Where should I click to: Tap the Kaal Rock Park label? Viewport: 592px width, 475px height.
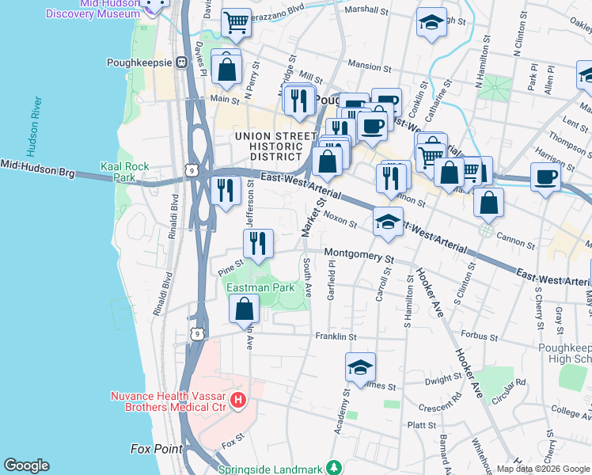coord(125,173)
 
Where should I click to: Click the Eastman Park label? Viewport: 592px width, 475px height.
coord(260,288)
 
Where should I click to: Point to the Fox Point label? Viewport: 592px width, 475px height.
coord(156,449)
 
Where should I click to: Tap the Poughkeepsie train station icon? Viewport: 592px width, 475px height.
coord(180,63)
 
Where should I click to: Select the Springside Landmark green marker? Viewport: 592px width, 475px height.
coord(335,467)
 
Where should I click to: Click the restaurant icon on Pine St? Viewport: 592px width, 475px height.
coord(257,244)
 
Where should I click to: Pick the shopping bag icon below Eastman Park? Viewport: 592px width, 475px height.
coord(245,309)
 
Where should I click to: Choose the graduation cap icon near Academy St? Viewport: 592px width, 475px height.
coord(360,367)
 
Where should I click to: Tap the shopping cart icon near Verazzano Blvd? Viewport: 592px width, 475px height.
coord(235,25)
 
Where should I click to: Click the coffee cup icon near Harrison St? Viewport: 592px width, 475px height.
coord(545,177)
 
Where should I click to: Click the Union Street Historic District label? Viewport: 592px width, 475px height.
coord(269,147)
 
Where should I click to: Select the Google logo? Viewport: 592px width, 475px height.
coord(26,465)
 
